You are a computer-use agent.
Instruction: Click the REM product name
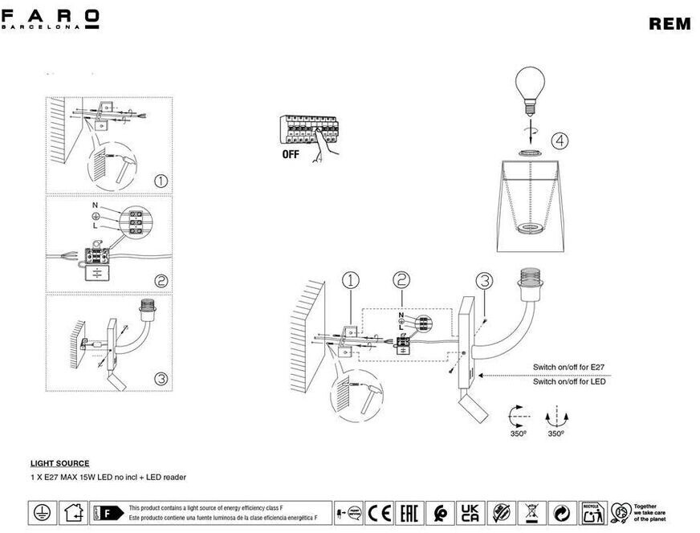(669, 24)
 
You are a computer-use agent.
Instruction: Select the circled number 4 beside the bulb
(560, 141)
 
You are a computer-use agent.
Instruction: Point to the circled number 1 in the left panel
(161, 181)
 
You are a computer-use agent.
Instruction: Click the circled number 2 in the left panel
(161, 281)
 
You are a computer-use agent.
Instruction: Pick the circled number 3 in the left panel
(161, 378)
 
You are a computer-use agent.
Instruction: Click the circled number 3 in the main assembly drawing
(483, 281)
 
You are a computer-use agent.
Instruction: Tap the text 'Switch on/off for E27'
(569, 367)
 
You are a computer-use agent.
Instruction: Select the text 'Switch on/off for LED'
(569, 381)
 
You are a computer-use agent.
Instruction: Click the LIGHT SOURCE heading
(59, 463)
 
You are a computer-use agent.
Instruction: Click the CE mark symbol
(378, 512)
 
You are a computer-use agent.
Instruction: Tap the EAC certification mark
(409, 512)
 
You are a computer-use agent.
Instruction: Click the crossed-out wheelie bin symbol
(531, 512)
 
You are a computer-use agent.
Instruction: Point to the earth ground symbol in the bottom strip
(39, 512)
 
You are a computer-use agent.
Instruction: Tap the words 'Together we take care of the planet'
(649, 512)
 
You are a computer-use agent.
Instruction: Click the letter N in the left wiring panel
(95, 205)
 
